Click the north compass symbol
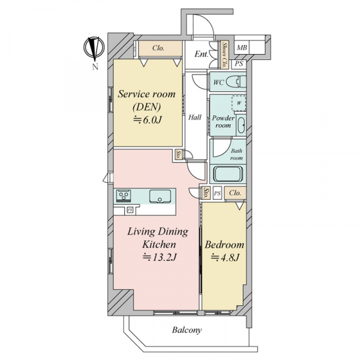(94, 47)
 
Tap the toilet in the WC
(236, 82)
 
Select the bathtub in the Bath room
(228, 173)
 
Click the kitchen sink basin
(160, 196)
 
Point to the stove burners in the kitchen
(124, 196)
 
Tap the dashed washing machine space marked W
(239, 103)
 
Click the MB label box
(242, 47)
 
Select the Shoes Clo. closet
(224, 55)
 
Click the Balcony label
(187, 330)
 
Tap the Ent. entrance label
(202, 54)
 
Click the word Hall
(194, 118)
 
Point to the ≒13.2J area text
(160, 257)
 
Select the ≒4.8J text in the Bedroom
(225, 257)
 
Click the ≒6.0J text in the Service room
(148, 119)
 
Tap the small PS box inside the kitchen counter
(130, 210)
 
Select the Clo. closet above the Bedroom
(235, 193)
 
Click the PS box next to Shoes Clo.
(239, 64)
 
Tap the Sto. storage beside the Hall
(178, 155)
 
